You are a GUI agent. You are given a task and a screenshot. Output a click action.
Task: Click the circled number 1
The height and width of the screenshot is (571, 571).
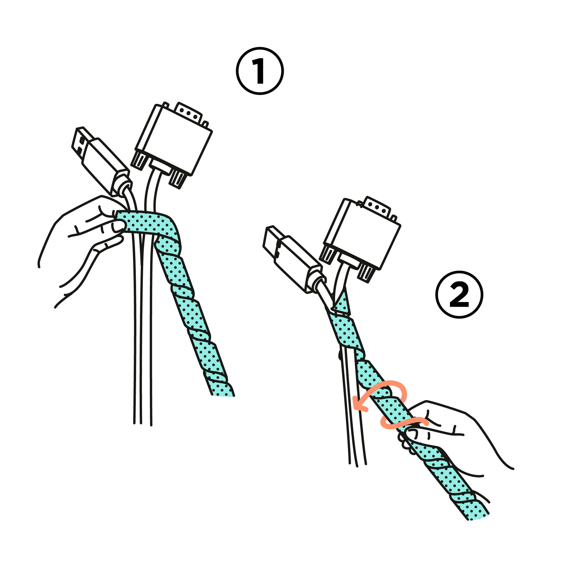pyautogui.click(x=260, y=71)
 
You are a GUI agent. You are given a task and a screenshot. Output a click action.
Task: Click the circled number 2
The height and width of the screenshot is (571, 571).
pyautogui.click(x=459, y=295)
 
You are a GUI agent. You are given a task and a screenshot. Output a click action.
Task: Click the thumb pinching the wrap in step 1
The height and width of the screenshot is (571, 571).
pyautogui.click(x=118, y=227)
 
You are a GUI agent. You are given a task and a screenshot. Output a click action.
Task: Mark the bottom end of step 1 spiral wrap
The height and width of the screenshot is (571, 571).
pyautogui.click(x=223, y=395)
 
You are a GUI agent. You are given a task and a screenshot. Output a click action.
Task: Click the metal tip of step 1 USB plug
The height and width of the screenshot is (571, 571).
pyautogui.click(x=81, y=141)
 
